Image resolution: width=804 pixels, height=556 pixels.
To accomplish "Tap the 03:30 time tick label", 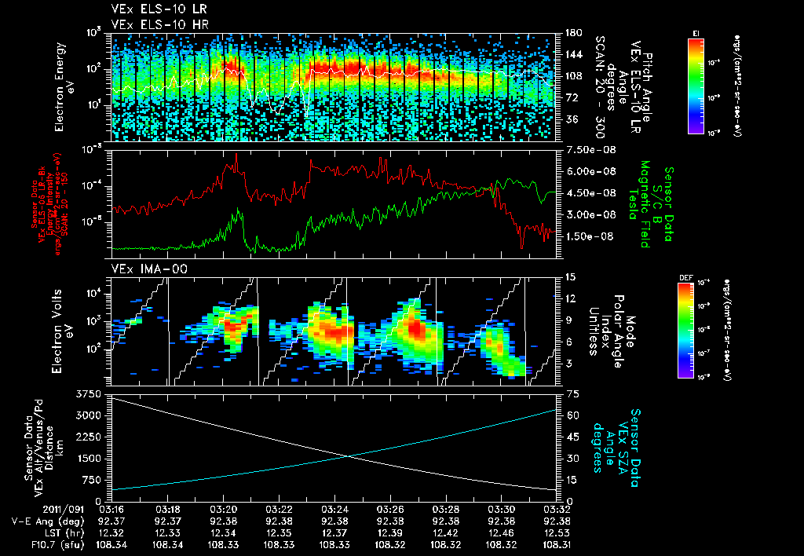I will pyautogui.click(x=501, y=509).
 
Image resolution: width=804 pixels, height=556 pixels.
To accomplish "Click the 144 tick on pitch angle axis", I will pyautogui.click(x=571, y=54).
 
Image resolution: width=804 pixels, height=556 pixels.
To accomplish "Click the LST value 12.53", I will pyautogui.click(x=556, y=531).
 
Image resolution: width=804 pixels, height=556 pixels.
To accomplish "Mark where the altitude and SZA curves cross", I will pyautogui.click(x=349, y=456).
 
